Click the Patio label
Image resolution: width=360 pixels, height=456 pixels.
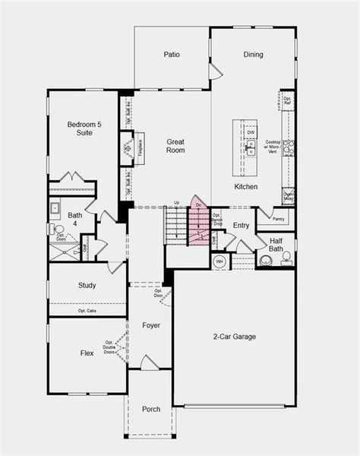coord(171,55)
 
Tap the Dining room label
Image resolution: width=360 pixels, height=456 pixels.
coord(253,55)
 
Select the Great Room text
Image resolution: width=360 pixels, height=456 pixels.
coord(175,146)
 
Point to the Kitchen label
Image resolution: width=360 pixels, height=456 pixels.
coord(245,187)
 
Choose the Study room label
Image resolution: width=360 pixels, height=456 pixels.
coord(87,286)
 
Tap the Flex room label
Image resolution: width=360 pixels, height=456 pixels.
coord(87,353)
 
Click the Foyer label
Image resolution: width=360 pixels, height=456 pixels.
coord(151,325)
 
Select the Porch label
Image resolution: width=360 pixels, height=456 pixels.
coord(151,410)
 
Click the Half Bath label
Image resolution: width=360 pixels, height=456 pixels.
coord(276,245)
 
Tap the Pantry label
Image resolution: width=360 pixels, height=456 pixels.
coord(278,219)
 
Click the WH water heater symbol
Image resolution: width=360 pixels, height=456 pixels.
coord(220,261)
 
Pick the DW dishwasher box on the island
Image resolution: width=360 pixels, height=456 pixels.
coord(250,132)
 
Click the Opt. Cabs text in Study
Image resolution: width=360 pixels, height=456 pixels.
coord(87,311)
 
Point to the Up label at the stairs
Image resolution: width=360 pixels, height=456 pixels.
coord(176,202)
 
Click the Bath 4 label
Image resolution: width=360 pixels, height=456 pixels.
coord(74,220)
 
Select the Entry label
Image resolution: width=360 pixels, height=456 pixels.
coord(242,226)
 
